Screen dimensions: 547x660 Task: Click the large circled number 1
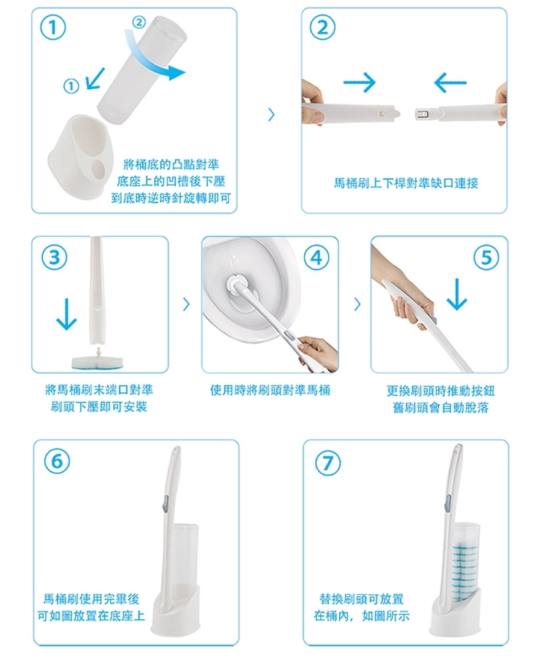[53, 28]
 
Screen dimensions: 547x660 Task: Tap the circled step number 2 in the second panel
[322, 28]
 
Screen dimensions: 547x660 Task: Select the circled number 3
[54, 257]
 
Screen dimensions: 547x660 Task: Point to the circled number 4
[317, 257]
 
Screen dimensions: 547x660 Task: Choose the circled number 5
[486, 257]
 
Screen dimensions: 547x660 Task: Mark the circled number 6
[57, 461]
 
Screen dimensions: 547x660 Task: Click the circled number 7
[327, 463]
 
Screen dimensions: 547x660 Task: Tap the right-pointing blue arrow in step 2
[359, 82]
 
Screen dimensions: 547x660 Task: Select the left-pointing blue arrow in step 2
[450, 82]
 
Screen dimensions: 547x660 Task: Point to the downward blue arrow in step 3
[66, 314]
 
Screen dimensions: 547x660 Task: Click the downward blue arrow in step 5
[457, 293]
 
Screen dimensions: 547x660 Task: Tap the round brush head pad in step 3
[98, 361]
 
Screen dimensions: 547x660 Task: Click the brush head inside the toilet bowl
[234, 285]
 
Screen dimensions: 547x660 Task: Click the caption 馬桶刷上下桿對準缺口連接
[406, 183]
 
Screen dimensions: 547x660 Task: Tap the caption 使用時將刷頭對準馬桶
[270, 390]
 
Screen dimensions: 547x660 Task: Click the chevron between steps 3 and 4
[186, 304]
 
